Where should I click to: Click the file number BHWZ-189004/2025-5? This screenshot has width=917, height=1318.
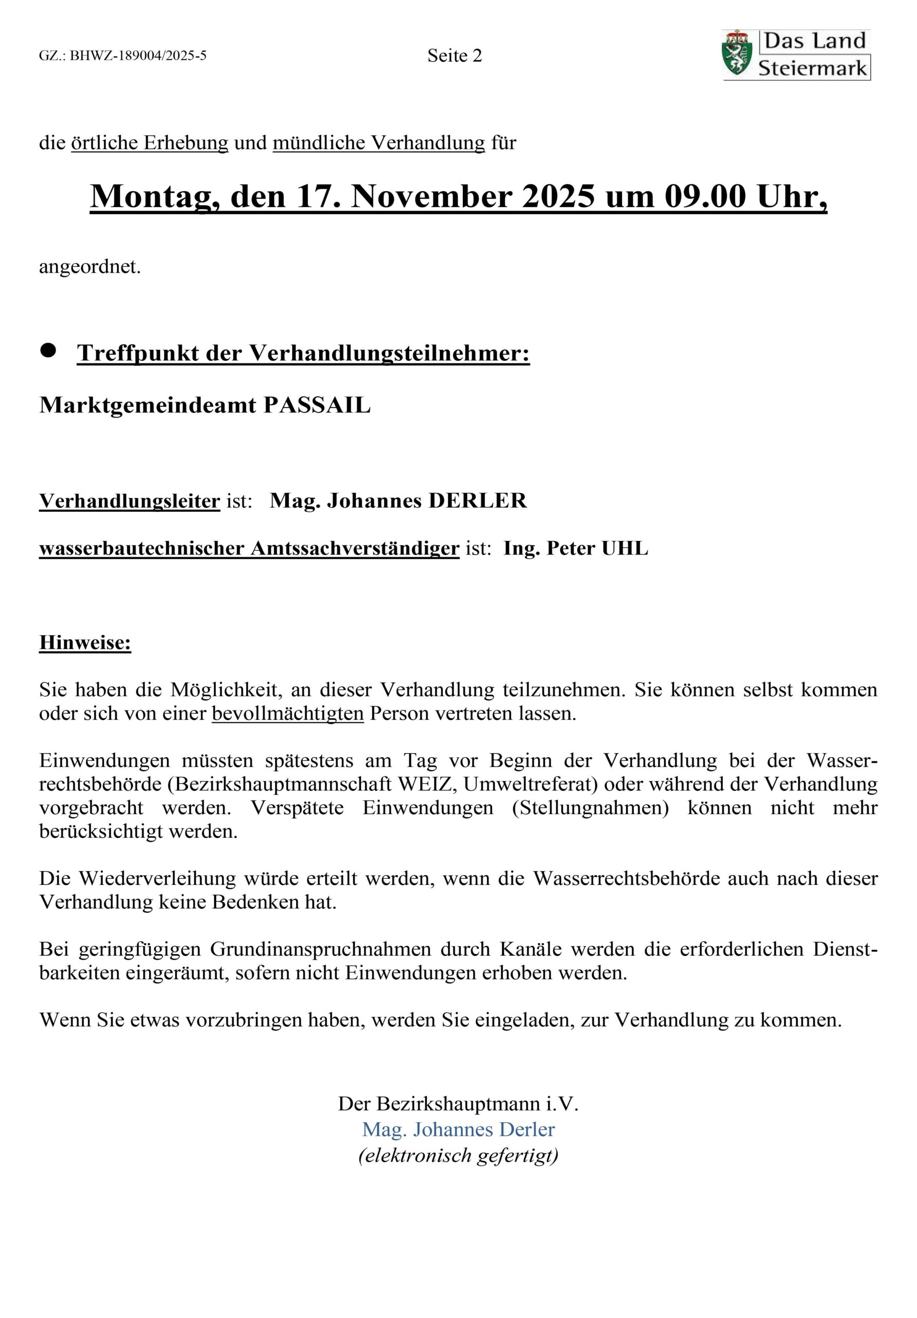coord(138,56)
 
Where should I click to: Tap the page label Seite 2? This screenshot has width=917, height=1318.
coord(454,56)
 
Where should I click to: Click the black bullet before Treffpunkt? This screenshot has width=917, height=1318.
coord(48,351)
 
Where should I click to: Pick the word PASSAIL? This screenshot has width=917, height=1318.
coord(317,405)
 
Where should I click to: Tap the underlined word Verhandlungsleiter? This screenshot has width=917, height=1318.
coord(129,500)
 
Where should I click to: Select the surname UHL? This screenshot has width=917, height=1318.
coord(625,548)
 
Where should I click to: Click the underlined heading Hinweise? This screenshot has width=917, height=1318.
coord(85,643)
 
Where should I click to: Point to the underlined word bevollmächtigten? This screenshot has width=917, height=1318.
coord(288,714)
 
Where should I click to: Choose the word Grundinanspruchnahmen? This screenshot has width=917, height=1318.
coord(320,949)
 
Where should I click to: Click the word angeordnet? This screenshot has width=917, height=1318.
coord(90,267)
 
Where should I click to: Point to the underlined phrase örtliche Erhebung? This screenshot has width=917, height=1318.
coord(149,143)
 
